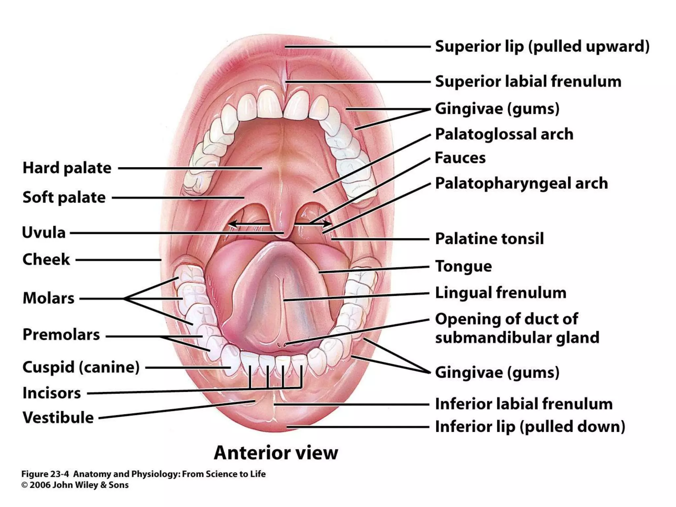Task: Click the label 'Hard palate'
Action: (67, 168)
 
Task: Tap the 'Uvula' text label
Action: (44, 233)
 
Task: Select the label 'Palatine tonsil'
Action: (489, 239)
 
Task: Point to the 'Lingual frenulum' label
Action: (500, 293)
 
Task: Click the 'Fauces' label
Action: (460, 158)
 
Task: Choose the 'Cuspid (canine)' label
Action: (81, 367)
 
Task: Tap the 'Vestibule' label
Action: (58, 418)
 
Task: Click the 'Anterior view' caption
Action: (276, 453)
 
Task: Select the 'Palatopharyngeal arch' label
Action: (521, 183)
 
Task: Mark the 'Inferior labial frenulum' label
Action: (524, 404)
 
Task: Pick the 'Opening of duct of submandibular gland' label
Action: (517, 328)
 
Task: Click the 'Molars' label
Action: (49, 298)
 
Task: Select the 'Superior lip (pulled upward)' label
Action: (542, 47)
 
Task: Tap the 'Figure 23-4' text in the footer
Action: (45, 474)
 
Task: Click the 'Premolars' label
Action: (61, 335)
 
